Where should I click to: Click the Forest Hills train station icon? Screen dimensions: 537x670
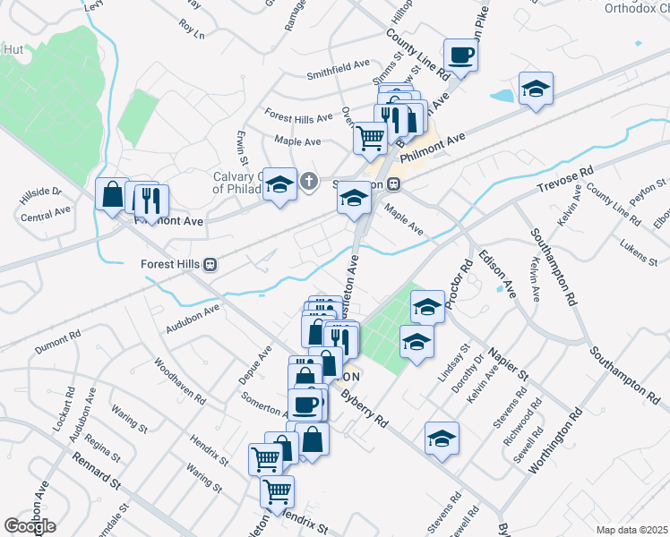pyautogui.click(x=210, y=264)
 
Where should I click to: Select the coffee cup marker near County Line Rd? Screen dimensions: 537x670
pyautogui.click(x=460, y=55)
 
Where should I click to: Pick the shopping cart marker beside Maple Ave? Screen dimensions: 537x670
pyautogui.click(x=369, y=138)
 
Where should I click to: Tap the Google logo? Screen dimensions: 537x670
pyautogui.click(x=30, y=526)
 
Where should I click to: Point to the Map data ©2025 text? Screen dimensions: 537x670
pyautogui.click(x=631, y=530)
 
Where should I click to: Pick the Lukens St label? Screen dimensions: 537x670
pyautogui.click(x=637, y=252)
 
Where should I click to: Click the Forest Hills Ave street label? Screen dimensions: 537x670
pyautogui.click(x=298, y=117)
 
